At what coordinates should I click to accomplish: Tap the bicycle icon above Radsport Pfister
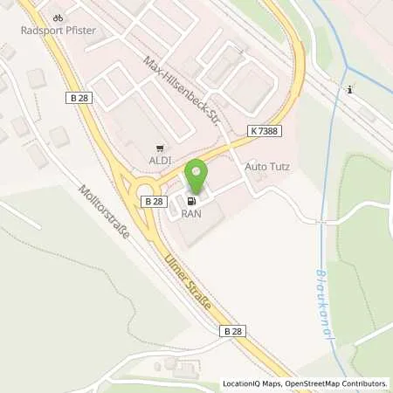coord(59,15)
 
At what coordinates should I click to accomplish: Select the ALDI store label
coord(159,162)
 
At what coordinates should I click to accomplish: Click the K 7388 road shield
coord(265,129)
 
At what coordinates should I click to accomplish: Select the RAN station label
coord(190,214)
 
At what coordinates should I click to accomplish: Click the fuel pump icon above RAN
coord(190,202)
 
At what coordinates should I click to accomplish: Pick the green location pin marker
coord(199,176)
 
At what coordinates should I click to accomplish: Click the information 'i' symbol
coord(348,89)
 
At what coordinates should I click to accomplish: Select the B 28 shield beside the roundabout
coord(154,201)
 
